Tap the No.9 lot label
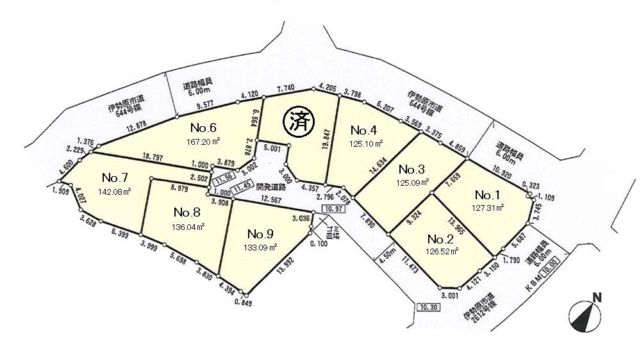click(x=262, y=233)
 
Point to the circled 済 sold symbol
click(x=297, y=121)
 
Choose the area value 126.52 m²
click(x=442, y=252)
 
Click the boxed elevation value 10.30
click(x=427, y=307)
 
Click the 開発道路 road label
click(x=272, y=188)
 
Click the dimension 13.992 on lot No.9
click(x=283, y=267)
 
